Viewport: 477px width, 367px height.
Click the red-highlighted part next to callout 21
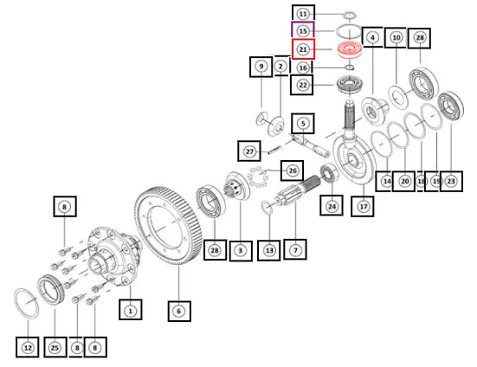point(350,49)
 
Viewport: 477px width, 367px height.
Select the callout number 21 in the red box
point(303,49)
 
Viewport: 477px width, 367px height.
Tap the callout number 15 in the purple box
point(303,30)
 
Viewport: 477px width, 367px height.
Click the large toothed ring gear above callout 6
point(168,224)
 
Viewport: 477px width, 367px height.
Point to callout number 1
point(130,311)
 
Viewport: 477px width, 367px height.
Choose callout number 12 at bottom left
point(28,347)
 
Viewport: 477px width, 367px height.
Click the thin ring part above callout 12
point(27,304)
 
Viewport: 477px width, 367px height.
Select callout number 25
point(55,347)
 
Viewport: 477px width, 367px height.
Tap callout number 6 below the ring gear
point(179,311)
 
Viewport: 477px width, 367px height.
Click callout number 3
point(241,250)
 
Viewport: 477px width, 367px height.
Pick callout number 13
point(269,250)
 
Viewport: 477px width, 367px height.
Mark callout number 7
point(295,249)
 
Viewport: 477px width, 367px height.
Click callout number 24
point(332,206)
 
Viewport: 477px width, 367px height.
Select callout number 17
point(363,207)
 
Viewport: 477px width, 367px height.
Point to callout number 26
point(293,171)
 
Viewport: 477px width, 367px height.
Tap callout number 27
point(249,151)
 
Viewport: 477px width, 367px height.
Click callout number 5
point(303,124)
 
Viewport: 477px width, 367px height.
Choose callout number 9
point(261,67)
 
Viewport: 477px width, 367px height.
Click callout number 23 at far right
point(451,181)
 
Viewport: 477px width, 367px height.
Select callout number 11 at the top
point(303,14)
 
